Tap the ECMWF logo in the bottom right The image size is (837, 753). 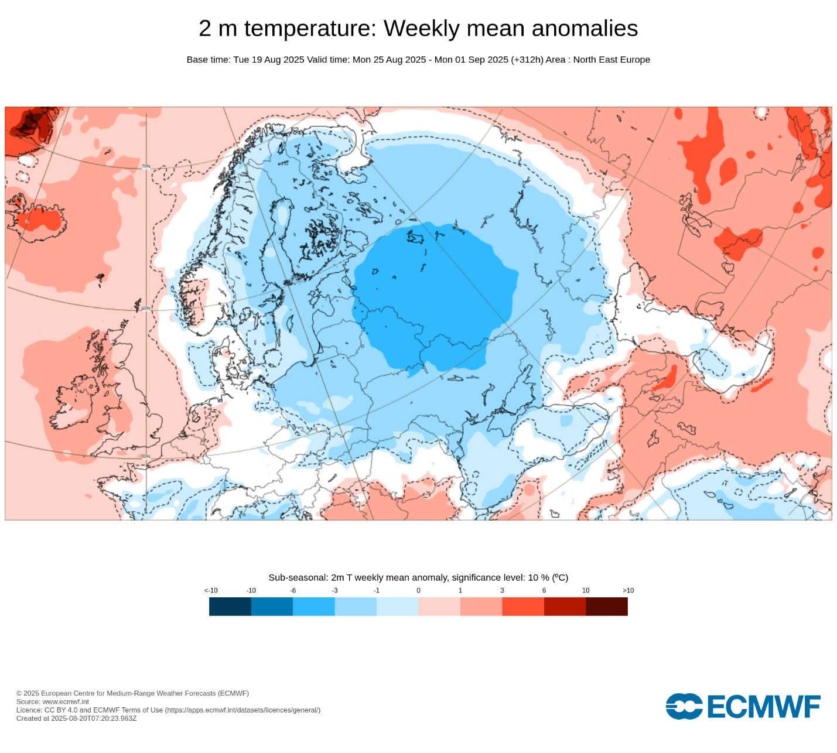pyautogui.click(x=743, y=707)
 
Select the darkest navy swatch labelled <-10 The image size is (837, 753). pyautogui.click(x=230, y=607)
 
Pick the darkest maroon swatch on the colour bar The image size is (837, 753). pyautogui.click(x=607, y=607)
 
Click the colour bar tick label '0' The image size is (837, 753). pyautogui.click(x=418, y=590)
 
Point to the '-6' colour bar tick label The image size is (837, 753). pyautogui.click(x=293, y=590)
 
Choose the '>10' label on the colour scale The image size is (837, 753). pyautogui.click(x=628, y=590)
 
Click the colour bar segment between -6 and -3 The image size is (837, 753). pyautogui.click(x=314, y=607)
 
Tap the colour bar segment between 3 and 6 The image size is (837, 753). pyautogui.click(x=523, y=607)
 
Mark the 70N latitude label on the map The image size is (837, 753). pyautogui.click(x=146, y=167)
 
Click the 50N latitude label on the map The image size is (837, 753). pyautogui.click(x=146, y=457)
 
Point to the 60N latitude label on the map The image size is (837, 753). pyautogui.click(x=146, y=309)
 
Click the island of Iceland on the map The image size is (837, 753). pyautogui.click(x=38, y=218)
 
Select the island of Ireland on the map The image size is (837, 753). pyautogui.click(x=73, y=404)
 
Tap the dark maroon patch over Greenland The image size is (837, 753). pyautogui.click(x=29, y=123)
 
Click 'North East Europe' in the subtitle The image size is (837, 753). pyautogui.click(x=611, y=60)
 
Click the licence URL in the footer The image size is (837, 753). pyautogui.click(x=242, y=710)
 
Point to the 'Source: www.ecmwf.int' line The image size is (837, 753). pyautogui.click(x=53, y=701)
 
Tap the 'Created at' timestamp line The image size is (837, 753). pyautogui.click(x=76, y=718)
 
